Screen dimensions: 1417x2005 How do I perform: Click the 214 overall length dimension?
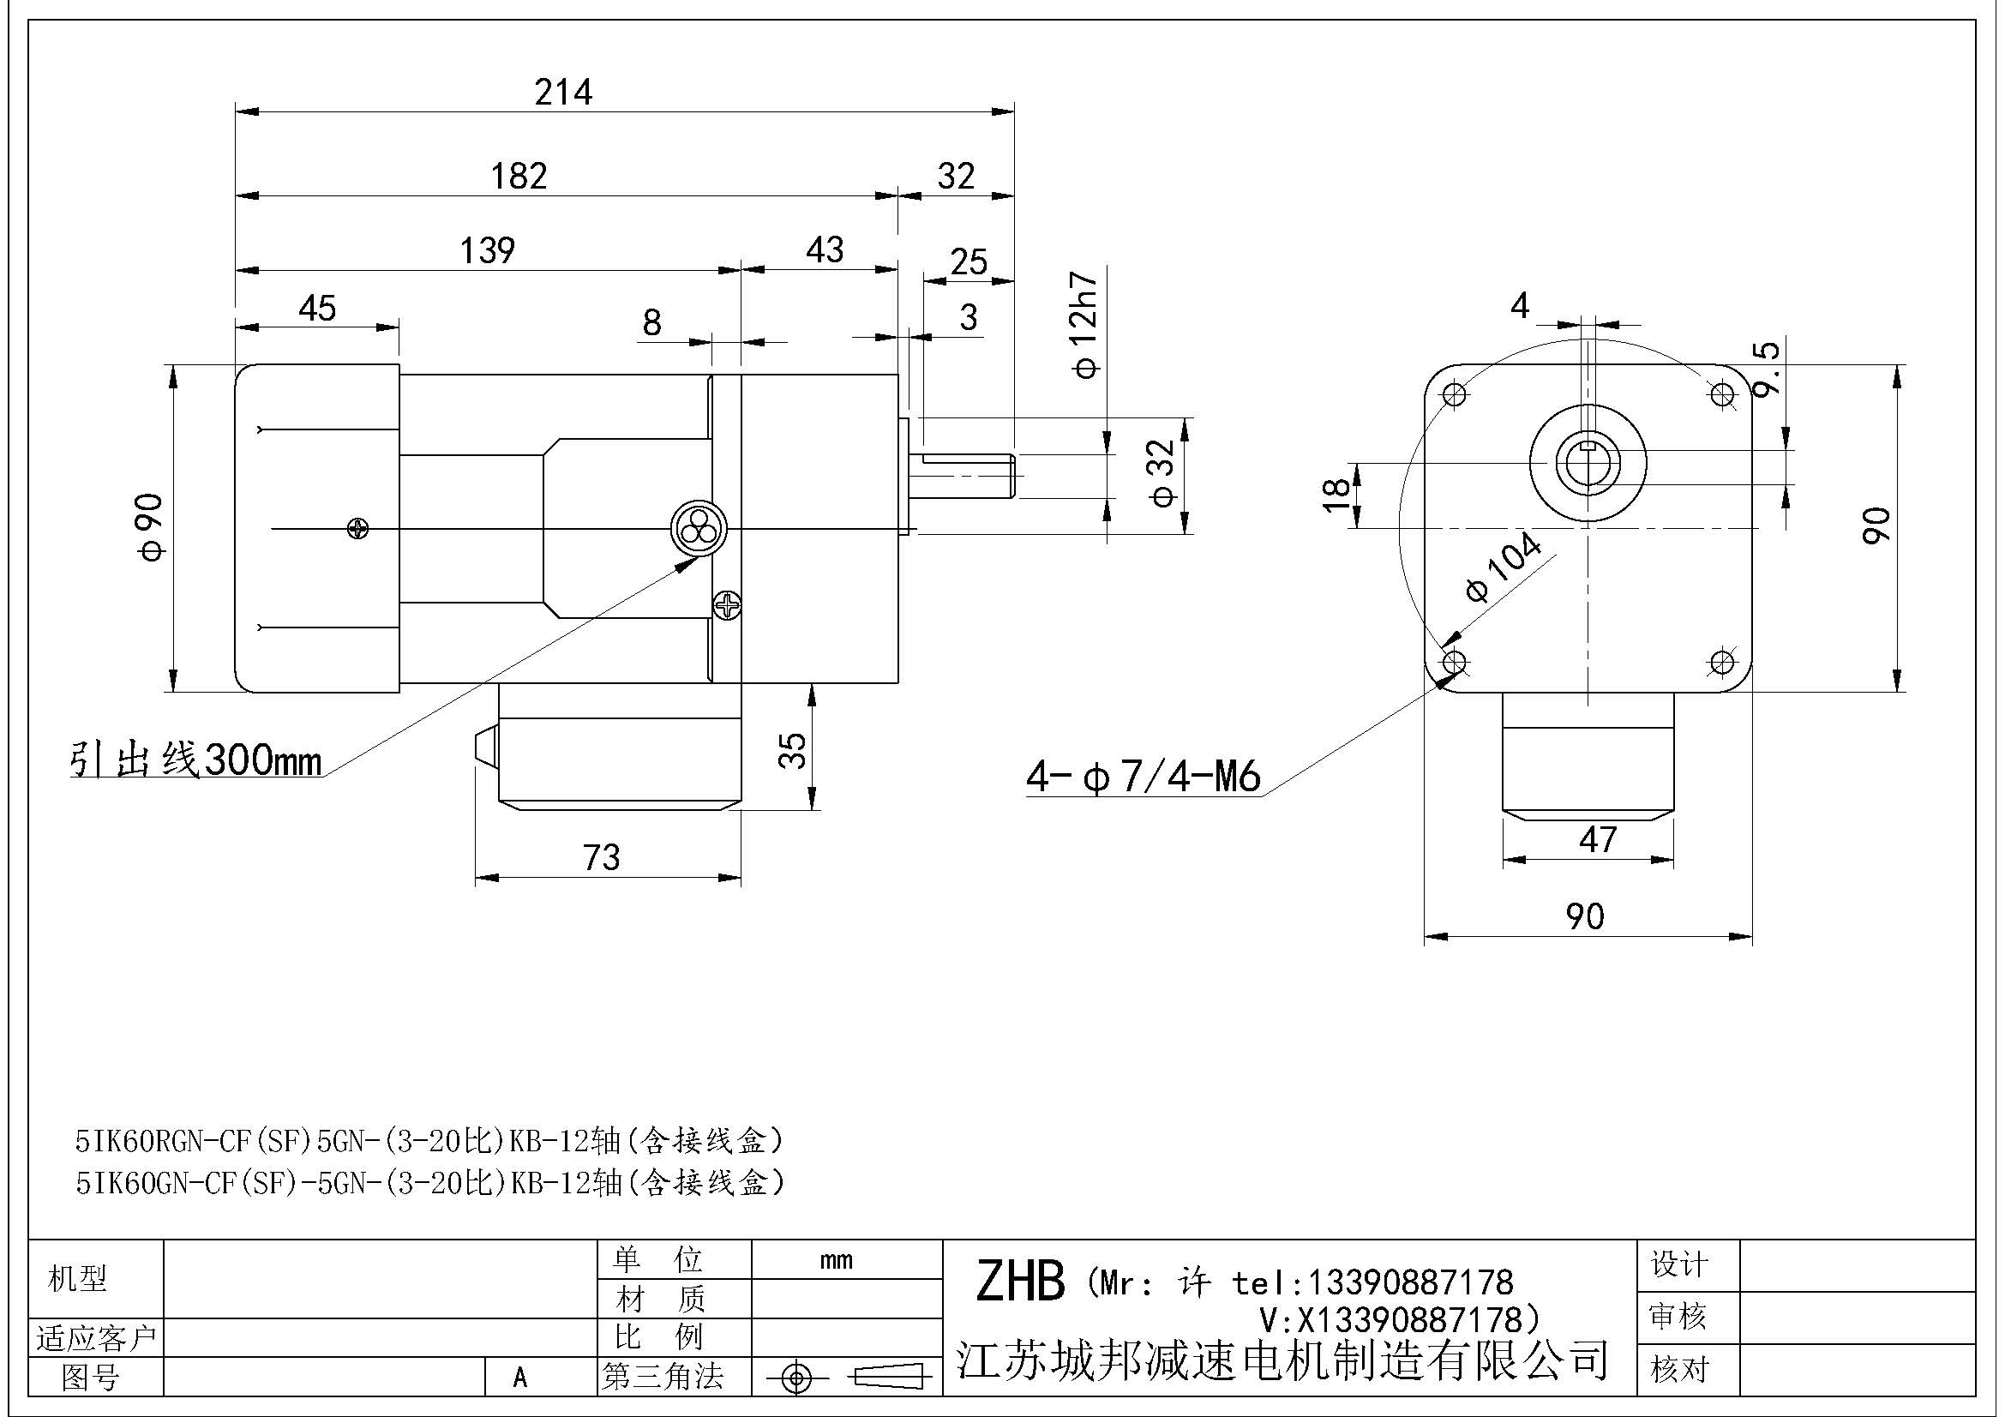click(563, 92)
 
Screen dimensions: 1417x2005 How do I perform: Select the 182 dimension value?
click(519, 177)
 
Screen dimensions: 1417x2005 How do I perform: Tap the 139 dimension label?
click(487, 250)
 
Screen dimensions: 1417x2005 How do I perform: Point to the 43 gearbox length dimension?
click(825, 250)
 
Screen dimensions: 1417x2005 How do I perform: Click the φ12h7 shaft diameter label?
click(1084, 324)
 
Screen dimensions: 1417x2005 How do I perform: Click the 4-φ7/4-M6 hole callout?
click(1142, 775)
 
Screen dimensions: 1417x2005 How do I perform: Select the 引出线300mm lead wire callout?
click(195, 760)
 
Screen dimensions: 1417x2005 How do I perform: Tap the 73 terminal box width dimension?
click(602, 857)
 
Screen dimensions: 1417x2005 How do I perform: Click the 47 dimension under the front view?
click(1597, 840)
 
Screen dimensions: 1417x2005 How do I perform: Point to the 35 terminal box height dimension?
click(792, 750)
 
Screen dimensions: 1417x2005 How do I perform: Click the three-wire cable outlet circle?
click(698, 528)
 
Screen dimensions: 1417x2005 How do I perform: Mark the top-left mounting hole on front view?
click(1454, 394)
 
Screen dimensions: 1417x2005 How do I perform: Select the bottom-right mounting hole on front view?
click(1722, 662)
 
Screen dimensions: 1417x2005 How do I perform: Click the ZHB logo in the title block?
click(1020, 1281)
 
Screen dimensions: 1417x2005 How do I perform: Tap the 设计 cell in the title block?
click(1678, 1264)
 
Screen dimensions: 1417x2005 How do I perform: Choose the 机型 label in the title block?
click(78, 1279)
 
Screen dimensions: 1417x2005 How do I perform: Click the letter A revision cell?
click(520, 1378)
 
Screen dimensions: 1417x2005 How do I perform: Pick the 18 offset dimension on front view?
click(1337, 495)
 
